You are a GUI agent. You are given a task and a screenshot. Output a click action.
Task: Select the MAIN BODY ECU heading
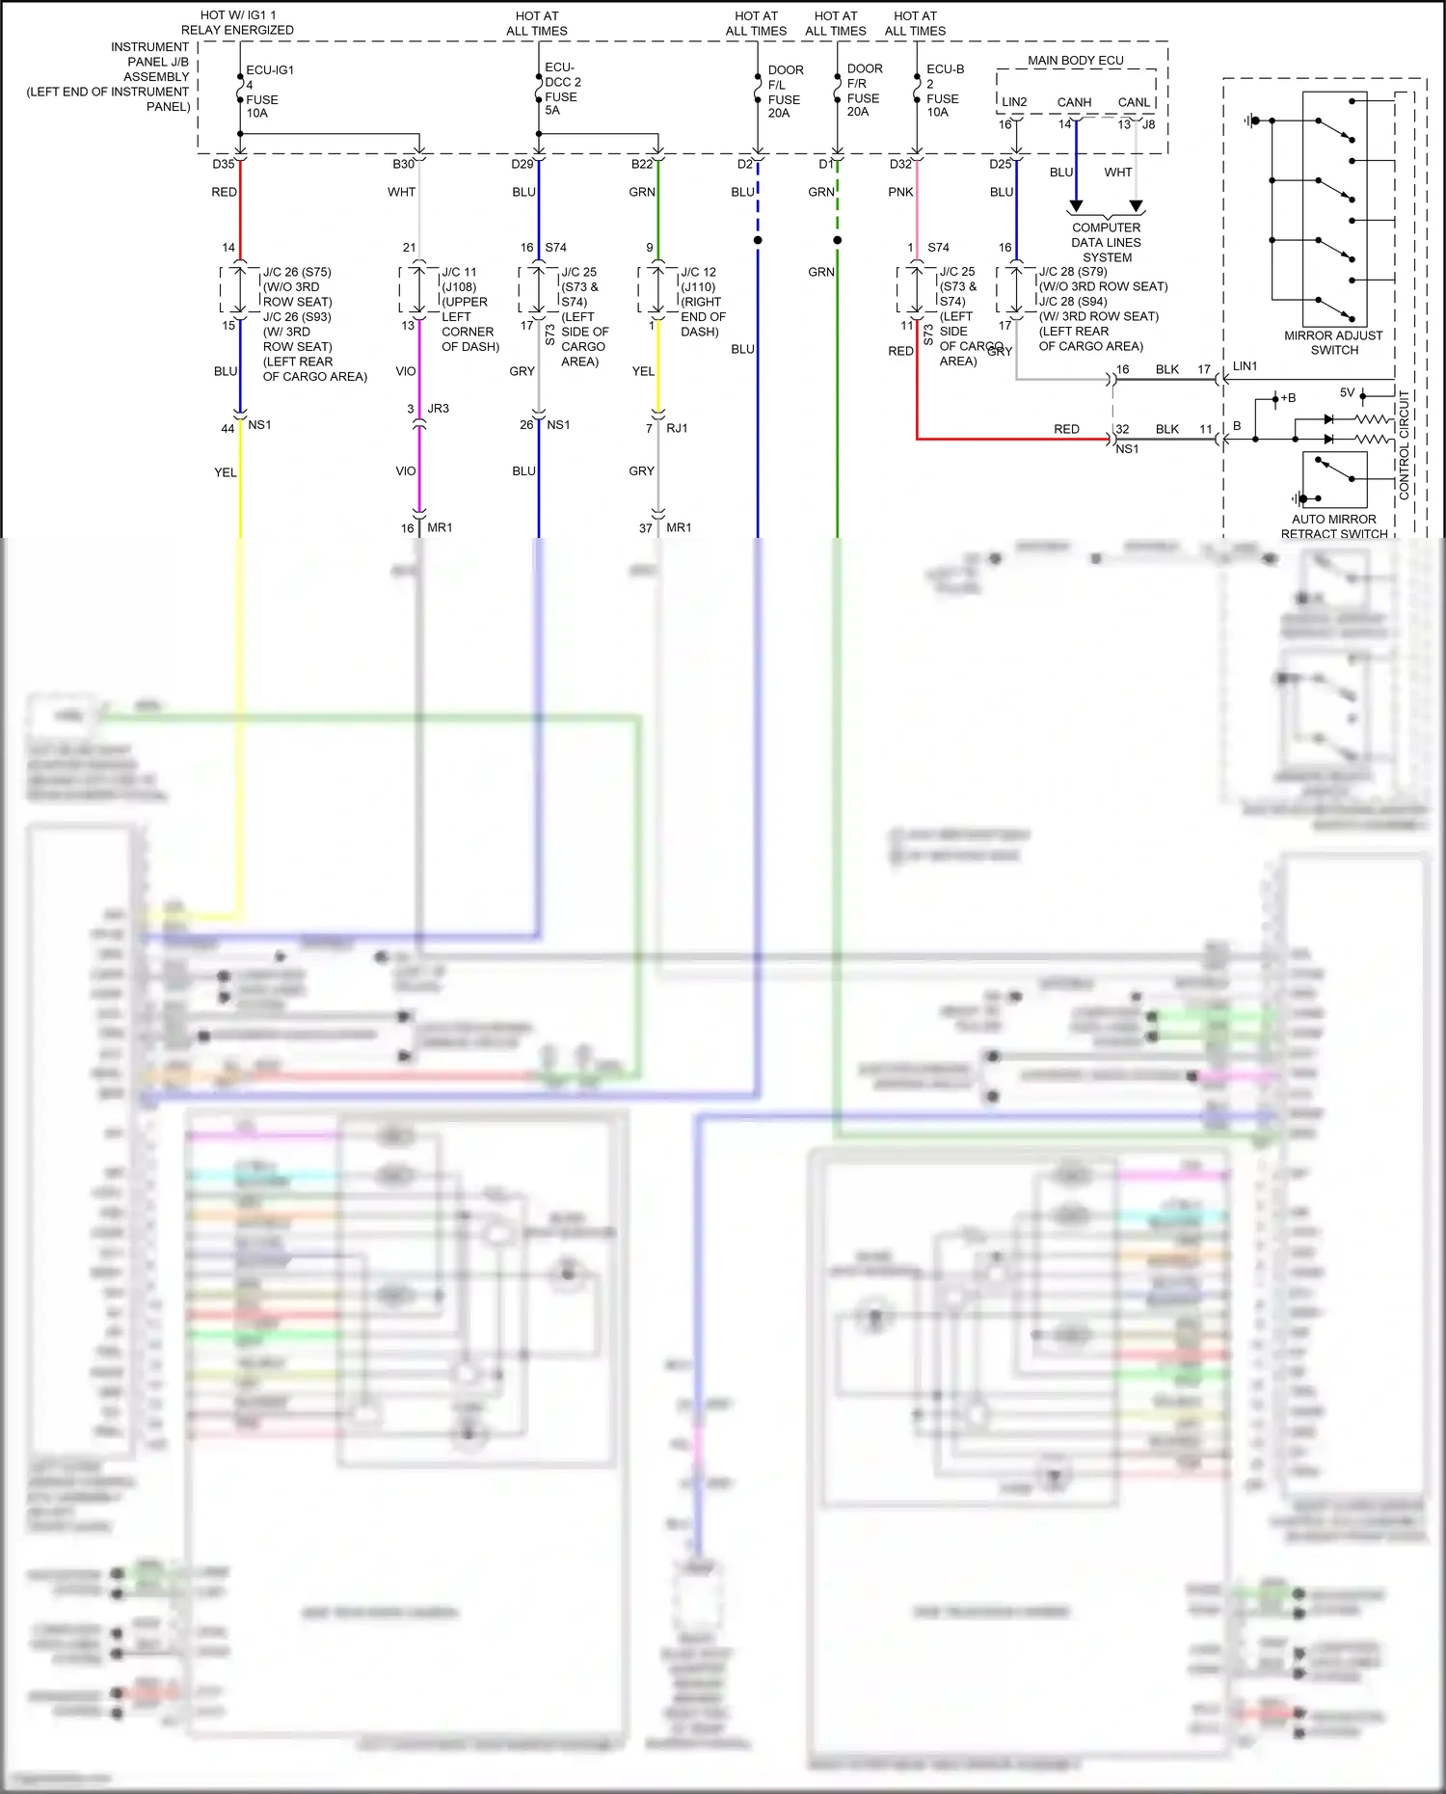1075,61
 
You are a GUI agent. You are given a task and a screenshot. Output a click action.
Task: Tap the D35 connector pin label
224,164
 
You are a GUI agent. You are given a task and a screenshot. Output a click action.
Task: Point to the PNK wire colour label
900,192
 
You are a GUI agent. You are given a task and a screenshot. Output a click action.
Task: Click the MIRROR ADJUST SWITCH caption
1333,342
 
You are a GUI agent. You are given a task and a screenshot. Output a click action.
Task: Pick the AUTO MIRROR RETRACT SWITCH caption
1333,526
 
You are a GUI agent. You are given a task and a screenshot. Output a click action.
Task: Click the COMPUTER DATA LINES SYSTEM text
1106,243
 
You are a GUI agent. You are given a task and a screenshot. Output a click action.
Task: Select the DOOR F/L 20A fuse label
785,92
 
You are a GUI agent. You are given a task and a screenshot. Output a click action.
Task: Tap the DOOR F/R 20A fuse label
864,91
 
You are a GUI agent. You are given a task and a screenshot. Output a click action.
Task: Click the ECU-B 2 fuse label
944,91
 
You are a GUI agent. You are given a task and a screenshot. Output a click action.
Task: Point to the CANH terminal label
1074,102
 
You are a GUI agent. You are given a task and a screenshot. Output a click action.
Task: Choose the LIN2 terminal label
1014,102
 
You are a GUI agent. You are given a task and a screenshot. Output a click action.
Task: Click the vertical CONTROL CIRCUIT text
1404,444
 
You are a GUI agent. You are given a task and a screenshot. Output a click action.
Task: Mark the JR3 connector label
438,409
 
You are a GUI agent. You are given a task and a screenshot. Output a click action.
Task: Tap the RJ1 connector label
677,428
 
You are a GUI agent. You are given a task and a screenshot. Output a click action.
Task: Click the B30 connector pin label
403,164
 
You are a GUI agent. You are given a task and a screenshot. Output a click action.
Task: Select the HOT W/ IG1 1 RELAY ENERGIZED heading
237,23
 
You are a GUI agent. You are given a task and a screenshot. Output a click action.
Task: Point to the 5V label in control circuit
1347,392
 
